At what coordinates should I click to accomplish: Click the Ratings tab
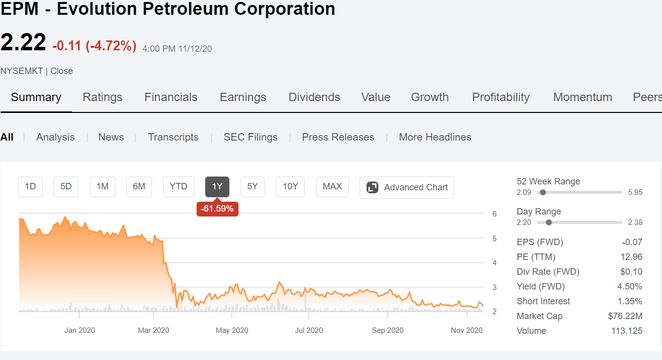tap(102, 97)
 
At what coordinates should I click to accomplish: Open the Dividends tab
tap(314, 97)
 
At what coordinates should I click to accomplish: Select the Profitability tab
tap(501, 97)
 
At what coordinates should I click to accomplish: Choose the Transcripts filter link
tap(173, 137)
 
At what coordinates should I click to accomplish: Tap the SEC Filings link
tap(251, 137)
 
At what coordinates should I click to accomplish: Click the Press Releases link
tap(338, 137)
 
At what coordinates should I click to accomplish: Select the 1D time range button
tap(31, 187)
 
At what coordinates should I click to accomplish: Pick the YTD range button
tap(179, 187)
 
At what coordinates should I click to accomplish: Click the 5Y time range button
tap(253, 187)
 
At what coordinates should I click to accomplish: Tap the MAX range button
tap(332, 187)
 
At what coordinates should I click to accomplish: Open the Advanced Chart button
tap(407, 187)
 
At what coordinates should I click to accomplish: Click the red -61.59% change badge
tap(217, 209)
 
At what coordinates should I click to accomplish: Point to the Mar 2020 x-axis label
tap(153, 330)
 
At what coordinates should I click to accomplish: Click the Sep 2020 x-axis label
tap(387, 330)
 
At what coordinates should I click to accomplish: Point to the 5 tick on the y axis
tap(494, 239)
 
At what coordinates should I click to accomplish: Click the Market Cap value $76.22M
tap(625, 316)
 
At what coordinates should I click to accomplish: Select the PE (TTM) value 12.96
tap(631, 257)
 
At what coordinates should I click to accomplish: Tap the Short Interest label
tap(543, 301)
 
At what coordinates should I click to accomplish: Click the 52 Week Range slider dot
tap(543, 192)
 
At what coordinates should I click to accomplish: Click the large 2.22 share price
tap(23, 42)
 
